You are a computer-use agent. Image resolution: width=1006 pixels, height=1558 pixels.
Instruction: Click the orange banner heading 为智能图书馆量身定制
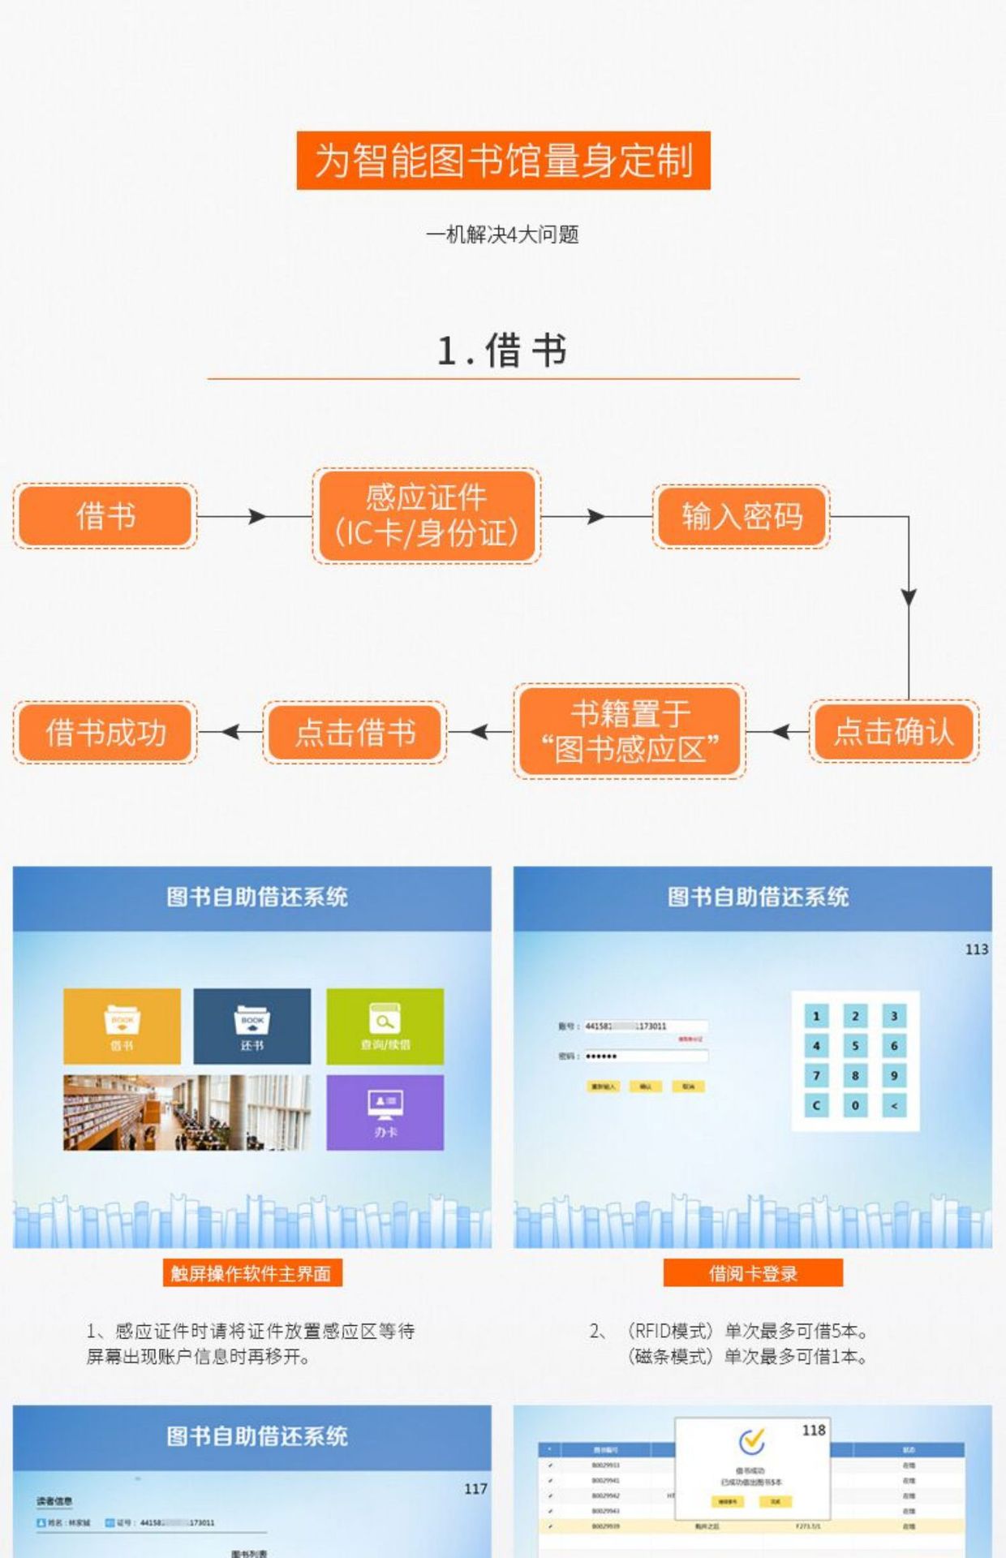pyautogui.click(x=503, y=161)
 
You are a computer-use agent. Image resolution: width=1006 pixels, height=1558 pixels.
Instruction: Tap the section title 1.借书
pyautogui.click(x=502, y=351)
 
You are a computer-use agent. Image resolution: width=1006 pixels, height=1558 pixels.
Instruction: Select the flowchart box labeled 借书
pyautogui.click(x=105, y=516)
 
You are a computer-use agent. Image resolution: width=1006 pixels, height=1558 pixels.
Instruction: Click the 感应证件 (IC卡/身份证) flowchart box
pyautogui.click(x=426, y=516)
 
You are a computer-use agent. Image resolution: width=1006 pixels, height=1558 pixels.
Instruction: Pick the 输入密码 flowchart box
pyautogui.click(x=742, y=516)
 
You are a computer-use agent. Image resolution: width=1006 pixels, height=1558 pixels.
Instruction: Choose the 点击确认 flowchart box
pyautogui.click(x=893, y=732)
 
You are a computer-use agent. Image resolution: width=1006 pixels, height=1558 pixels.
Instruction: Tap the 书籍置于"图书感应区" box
pyautogui.click(x=630, y=732)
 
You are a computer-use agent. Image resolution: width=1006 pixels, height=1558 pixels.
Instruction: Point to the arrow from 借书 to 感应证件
pyautogui.click(x=255, y=516)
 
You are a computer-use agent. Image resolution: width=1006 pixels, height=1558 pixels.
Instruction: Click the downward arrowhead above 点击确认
pyautogui.click(x=909, y=597)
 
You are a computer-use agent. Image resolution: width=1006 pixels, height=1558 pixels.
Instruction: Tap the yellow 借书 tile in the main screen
pyautogui.click(x=123, y=1026)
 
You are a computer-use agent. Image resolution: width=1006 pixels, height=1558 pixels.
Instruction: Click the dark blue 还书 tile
pyautogui.click(x=251, y=1026)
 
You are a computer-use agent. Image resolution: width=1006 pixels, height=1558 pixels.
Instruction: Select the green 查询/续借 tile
pyautogui.click(x=385, y=1026)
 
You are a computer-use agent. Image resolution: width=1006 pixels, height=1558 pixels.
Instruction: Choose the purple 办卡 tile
pyautogui.click(x=385, y=1113)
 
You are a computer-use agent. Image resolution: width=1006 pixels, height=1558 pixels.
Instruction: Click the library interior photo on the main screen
pyautogui.click(x=187, y=1113)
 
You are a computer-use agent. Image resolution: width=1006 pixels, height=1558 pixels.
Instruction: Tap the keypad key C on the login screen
pyautogui.click(x=816, y=1105)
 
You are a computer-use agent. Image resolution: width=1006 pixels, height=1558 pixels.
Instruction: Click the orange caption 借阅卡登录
pyautogui.click(x=753, y=1273)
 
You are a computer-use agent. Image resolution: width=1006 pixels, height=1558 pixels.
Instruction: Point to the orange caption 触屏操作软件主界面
pyautogui.click(x=251, y=1273)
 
